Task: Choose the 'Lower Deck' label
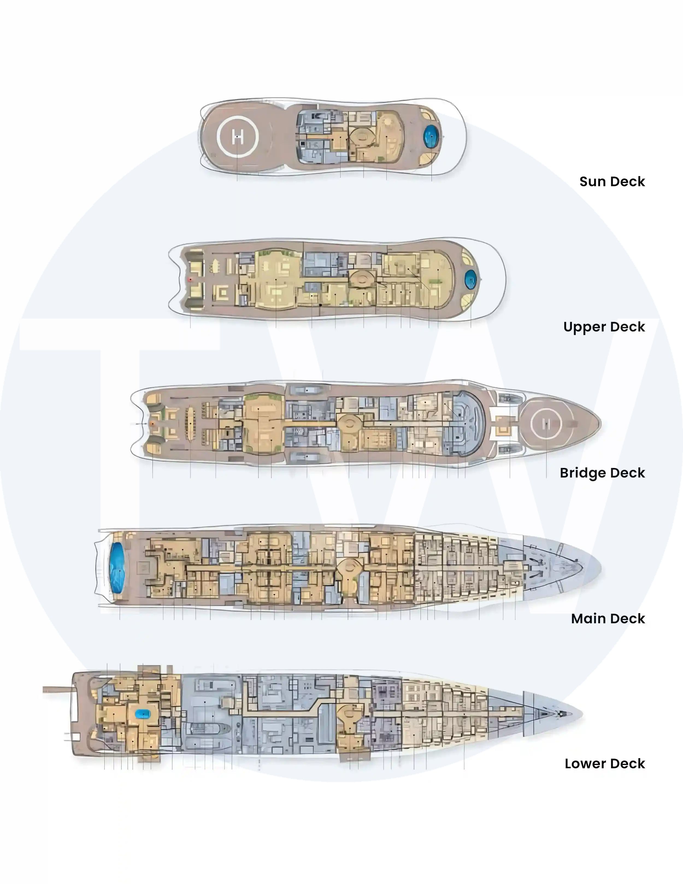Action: [605, 764]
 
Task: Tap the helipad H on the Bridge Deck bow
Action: [546, 424]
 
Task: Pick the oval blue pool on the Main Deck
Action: [117, 568]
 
